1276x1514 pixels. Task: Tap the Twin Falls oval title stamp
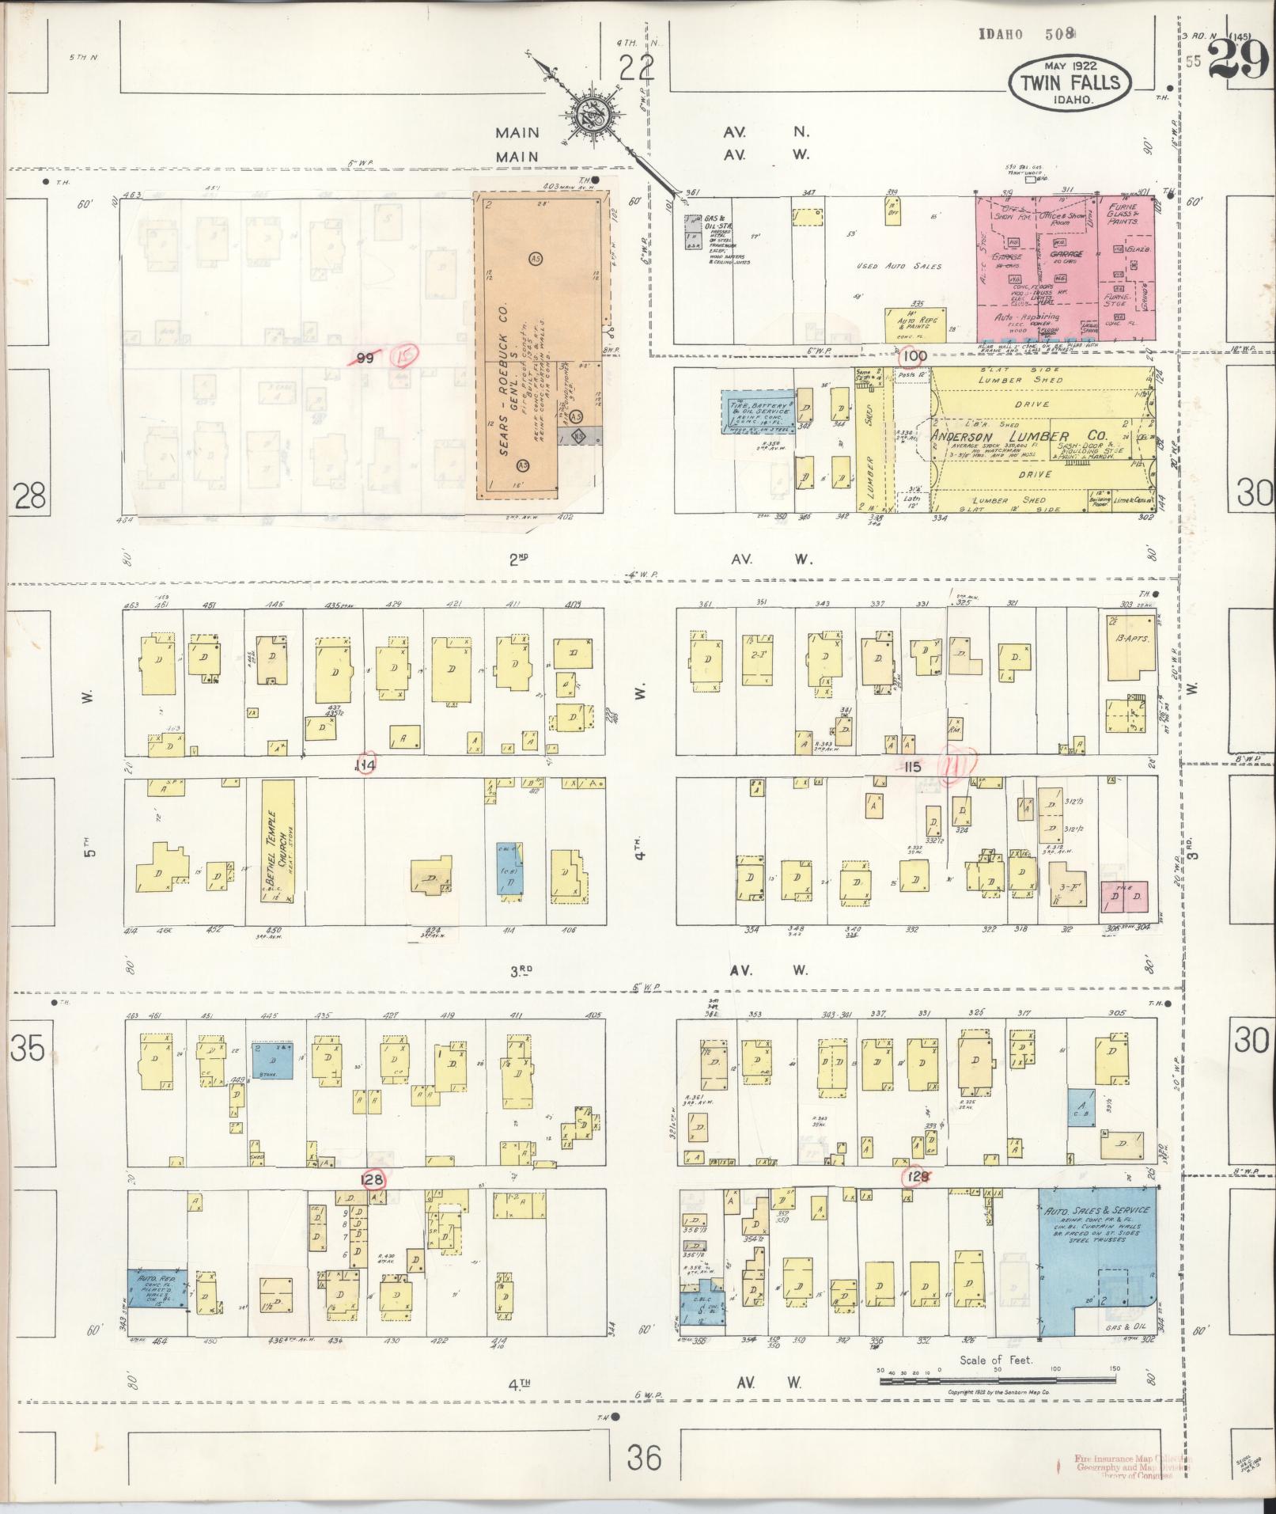click(1070, 82)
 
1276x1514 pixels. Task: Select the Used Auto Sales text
click(899, 267)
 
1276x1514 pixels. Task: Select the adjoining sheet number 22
click(637, 70)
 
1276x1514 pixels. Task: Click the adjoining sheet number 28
click(29, 497)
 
